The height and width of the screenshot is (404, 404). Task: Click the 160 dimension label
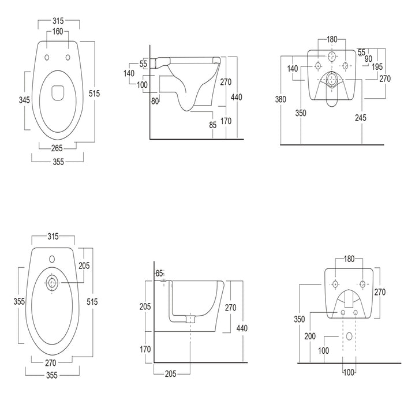tap(58, 31)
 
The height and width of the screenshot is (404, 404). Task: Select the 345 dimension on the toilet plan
tap(24, 100)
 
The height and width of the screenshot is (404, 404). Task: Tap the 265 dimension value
tap(57, 148)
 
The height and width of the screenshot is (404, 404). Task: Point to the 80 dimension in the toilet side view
tap(155, 102)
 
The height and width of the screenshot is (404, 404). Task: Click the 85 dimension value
tap(213, 125)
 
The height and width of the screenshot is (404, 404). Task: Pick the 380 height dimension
tap(280, 99)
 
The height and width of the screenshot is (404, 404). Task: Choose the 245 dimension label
tap(361, 118)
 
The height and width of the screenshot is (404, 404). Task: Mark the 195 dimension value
tap(377, 67)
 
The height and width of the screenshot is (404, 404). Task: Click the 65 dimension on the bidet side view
tap(159, 274)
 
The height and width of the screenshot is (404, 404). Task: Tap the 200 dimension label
tap(310, 336)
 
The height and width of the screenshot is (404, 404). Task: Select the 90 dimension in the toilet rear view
tap(368, 59)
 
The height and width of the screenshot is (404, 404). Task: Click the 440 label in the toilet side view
tap(236, 97)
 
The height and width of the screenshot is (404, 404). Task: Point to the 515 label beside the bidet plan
tap(92, 302)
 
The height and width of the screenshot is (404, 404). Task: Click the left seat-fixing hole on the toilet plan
tap(47, 58)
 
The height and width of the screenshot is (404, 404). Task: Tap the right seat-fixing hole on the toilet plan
tap(68, 57)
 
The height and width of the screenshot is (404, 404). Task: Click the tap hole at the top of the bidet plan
tap(52, 259)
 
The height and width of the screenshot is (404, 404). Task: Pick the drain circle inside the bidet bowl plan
tap(53, 283)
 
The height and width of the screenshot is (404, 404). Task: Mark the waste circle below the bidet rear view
tap(349, 336)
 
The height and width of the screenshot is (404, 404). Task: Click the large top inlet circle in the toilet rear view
tap(332, 57)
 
